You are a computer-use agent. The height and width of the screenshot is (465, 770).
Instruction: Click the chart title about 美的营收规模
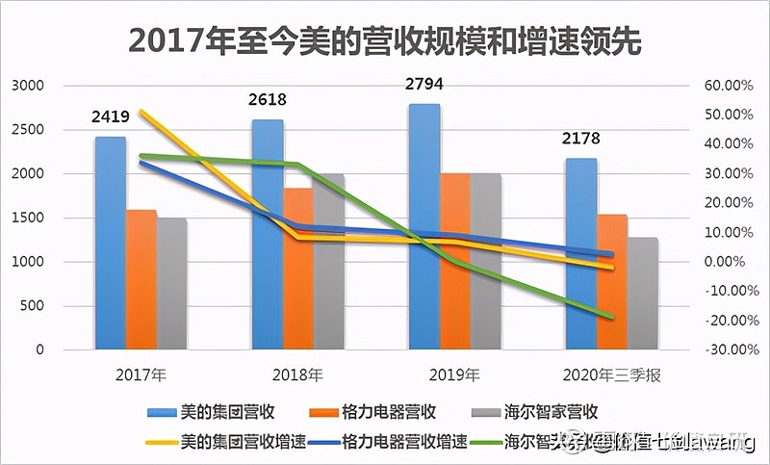[x=385, y=41]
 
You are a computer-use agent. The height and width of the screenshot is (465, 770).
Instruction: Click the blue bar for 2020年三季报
[x=580, y=260]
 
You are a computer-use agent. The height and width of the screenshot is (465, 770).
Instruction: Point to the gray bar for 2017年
[x=173, y=289]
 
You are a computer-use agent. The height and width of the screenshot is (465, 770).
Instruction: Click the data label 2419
[x=111, y=118]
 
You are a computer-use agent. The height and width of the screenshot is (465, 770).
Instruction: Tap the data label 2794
[x=424, y=85]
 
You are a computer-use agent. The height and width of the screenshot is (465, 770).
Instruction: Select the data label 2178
[x=581, y=141]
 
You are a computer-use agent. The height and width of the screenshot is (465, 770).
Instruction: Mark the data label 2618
[x=268, y=100]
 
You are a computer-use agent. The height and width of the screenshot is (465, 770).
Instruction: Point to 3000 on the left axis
[x=29, y=86]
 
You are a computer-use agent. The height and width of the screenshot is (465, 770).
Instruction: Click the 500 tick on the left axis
[x=33, y=306]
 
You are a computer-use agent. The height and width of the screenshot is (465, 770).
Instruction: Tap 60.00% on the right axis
[x=728, y=86]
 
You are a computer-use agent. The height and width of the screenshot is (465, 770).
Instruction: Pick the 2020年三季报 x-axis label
[x=612, y=374]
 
